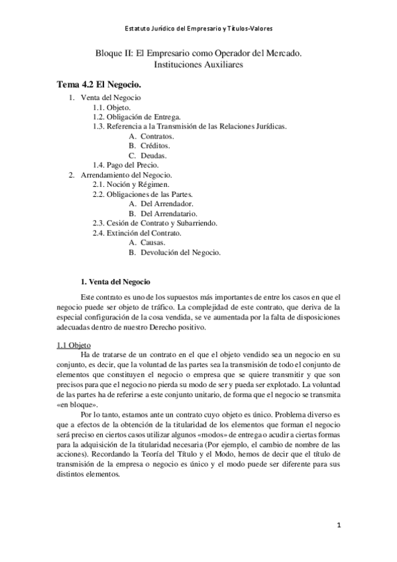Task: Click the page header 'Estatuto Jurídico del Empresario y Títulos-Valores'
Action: tap(198, 28)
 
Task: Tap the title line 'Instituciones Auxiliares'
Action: tap(198, 66)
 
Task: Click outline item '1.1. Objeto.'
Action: tap(111, 107)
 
